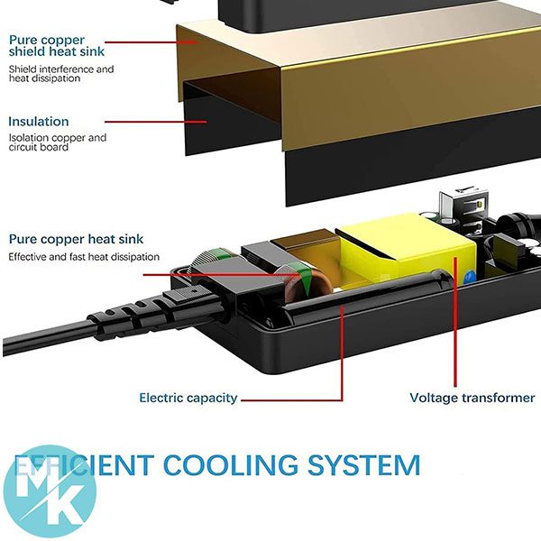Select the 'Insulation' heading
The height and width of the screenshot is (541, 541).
[x=39, y=122]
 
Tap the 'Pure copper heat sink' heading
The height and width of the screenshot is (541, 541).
[x=76, y=239]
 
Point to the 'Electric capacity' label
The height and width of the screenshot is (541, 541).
[x=188, y=398]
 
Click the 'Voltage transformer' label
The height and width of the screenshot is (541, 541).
[x=472, y=398]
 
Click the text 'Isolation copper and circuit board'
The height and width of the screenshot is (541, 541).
[x=58, y=142]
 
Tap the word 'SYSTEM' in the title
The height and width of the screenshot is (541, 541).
[x=365, y=466]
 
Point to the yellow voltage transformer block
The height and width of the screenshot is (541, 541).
[x=406, y=248]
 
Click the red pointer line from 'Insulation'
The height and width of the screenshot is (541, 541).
[x=144, y=121]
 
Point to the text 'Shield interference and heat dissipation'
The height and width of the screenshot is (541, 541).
[x=61, y=73]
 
